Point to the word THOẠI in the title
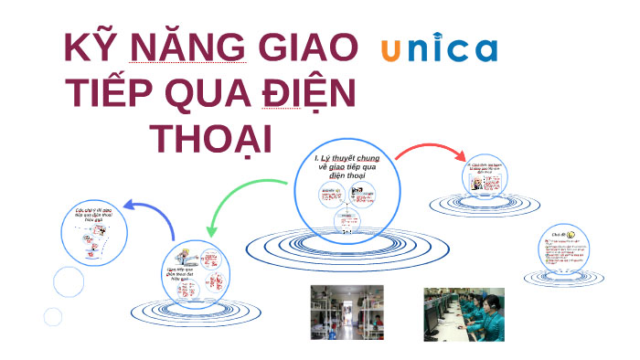click(212, 139)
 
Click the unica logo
click(439, 50)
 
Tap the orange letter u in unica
click(390, 51)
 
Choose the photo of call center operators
click(463, 313)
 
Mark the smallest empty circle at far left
click(53, 317)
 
